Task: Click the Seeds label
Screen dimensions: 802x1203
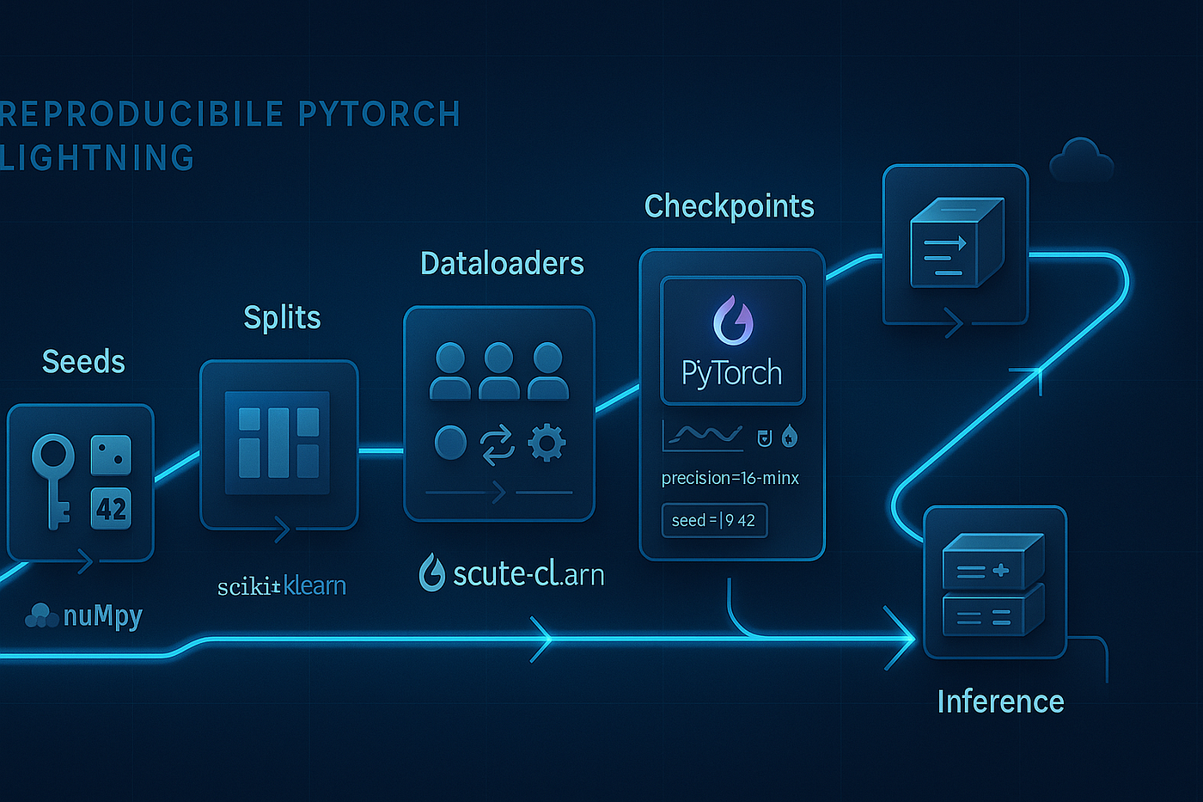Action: click(x=83, y=362)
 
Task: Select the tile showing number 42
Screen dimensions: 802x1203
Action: click(x=112, y=509)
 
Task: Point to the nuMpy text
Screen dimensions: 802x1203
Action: click(x=102, y=615)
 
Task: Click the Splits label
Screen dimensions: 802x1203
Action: click(x=282, y=317)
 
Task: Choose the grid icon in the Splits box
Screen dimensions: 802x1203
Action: click(x=278, y=443)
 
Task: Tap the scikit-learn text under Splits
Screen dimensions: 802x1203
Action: click(x=282, y=586)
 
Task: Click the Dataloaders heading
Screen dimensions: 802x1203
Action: click(x=502, y=263)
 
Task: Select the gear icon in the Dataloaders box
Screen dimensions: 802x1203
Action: click(x=547, y=444)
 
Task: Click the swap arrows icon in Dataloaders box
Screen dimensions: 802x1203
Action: click(x=498, y=444)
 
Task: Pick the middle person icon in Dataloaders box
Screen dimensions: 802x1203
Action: click(x=498, y=370)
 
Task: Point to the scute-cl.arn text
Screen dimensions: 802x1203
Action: click(x=528, y=573)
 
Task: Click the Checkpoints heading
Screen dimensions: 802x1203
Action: click(x=729, y=206)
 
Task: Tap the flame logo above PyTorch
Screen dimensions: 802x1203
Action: click(x=733, y=321)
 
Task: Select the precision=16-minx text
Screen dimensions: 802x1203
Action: click(x=730, y=478)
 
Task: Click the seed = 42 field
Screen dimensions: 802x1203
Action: click(x=713, y=520)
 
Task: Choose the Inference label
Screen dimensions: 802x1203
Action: click(x=1000, y=701)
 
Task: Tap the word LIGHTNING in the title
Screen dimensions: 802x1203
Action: click(x=98, y=158)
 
